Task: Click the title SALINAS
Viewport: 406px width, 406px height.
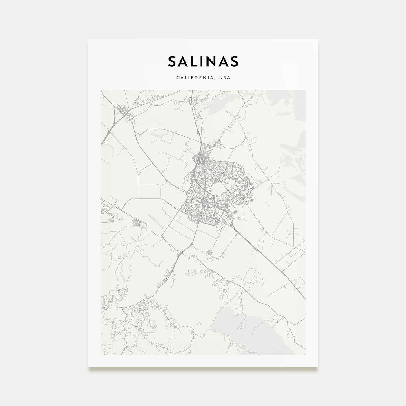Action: (203, 61)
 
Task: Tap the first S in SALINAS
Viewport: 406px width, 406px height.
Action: (172, 61)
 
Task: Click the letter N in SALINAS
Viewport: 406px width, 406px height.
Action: (212, 61)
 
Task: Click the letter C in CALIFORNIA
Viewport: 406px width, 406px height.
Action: (177, 78)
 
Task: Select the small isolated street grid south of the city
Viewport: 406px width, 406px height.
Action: (209, 254)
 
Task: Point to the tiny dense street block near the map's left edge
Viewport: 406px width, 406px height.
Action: (136, 223)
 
